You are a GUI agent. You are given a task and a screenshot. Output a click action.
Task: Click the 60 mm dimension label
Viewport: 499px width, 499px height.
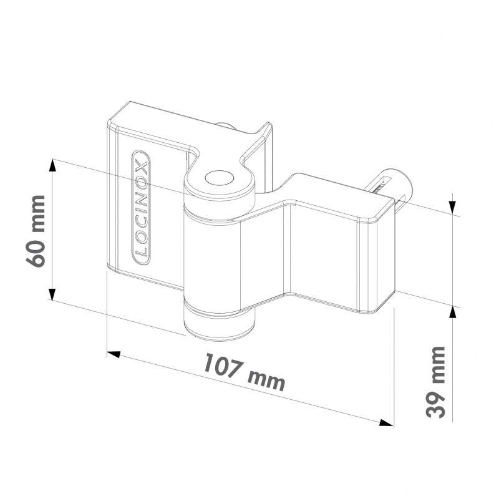[x=36, y=231]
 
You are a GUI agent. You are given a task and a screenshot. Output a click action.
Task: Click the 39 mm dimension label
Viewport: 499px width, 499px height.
[x=435, y=382]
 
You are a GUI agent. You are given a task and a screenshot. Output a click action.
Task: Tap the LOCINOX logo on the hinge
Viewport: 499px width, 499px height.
[x=141, y=208]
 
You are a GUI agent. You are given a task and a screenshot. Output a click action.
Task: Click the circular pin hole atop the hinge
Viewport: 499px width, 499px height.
[x=218, y=178]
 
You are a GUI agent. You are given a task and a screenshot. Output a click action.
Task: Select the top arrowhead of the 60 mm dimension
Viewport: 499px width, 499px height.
[x=52, y=165]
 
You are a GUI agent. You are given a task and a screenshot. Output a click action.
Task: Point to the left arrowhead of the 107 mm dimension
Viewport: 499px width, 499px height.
[x=114, y=354]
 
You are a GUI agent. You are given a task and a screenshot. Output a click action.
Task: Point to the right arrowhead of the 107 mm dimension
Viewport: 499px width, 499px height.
[x=387, y=423]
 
